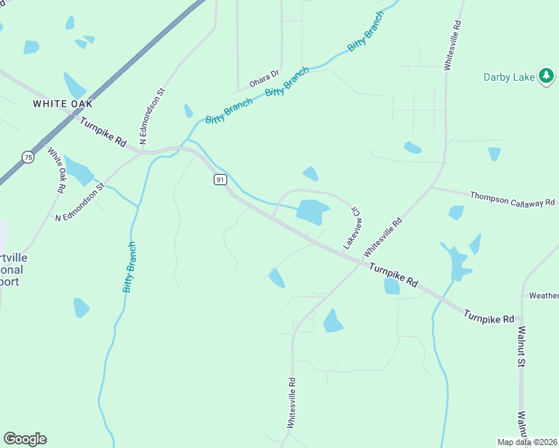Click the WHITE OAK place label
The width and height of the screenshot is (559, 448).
pos(62,104)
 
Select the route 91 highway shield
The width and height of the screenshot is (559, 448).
pos(219,180)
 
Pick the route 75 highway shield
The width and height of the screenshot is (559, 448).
pos(28,157)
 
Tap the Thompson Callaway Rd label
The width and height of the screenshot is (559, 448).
pos(513,199)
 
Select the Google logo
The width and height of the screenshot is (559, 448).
pos(25,439)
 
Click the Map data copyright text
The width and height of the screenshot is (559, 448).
pos(527,442)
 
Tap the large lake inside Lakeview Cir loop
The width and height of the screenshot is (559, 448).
pos(312,211)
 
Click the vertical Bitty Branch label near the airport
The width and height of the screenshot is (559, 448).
pos(129,267)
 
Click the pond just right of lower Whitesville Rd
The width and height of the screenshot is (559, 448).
pos(333,321)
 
